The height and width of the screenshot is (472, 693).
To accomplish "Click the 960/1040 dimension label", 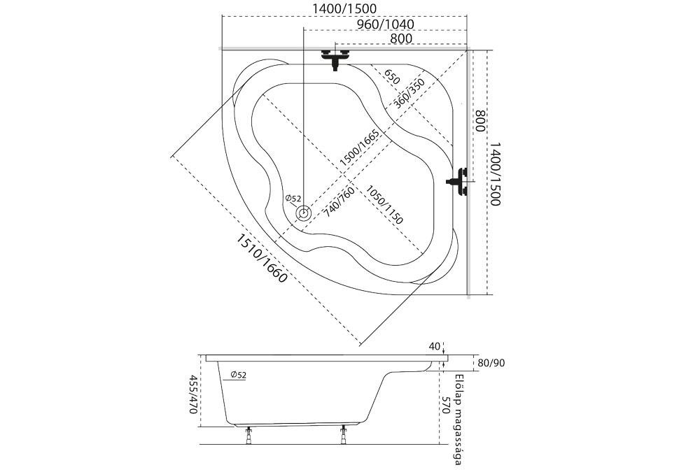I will click(x=385, y=24).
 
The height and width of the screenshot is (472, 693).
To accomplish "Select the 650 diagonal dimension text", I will click(x=391, y=76).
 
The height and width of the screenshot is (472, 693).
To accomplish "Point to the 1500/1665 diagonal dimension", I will click(x=359, y=148).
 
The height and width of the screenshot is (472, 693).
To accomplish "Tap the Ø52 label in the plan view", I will click(x=293, y=199).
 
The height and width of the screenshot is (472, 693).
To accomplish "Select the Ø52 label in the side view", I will click(x=238, y=376).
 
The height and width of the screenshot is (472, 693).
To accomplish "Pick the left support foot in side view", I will click(x=249, y=436).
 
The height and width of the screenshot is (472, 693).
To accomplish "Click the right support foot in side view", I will click(x=343, y=436).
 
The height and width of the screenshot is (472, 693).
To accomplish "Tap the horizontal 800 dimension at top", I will click(x=400, y=38).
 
